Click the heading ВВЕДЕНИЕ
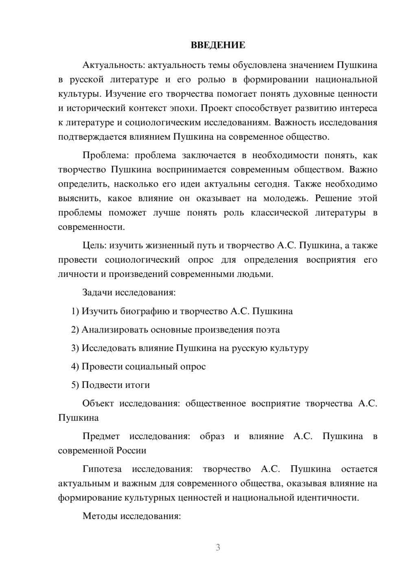pos(218,45)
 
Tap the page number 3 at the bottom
pos(218,547)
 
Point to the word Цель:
pos(94,246)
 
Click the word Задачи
pos(98,293)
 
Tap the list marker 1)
pos(75,311)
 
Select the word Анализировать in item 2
pos(115,330)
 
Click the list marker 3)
pos(75,348)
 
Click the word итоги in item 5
pos(138,385)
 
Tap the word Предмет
pos(101,437)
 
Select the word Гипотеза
pos(102,469)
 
